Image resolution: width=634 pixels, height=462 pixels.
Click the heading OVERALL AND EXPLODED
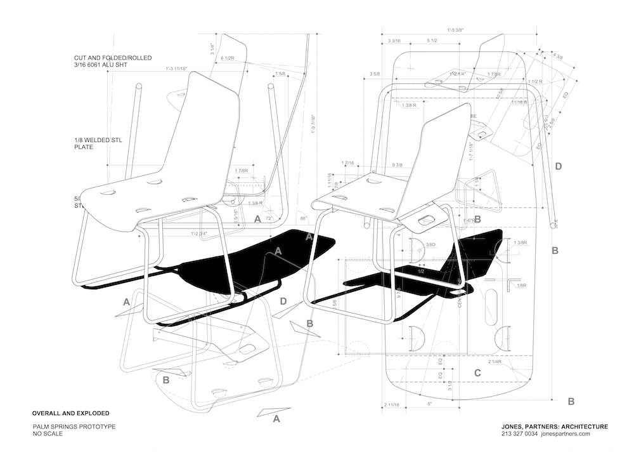pyautogui.click(x=70, y=412)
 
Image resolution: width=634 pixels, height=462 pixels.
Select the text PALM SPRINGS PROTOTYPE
pyautogui.click(x=74, y=427)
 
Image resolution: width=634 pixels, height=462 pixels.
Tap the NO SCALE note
pyautogui.click(x=50, y=434)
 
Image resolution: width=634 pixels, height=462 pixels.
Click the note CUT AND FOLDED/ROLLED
pyautogui.click(x=112, y=58)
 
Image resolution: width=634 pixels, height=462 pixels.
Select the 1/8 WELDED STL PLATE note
pyautogui.click(x=92, y=143)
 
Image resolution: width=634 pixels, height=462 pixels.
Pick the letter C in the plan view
pyautogui.click(x=477, y=373)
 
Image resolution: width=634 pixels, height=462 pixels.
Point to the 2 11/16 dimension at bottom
pyautogui.click(x=395, y=404)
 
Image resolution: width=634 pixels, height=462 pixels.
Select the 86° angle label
pyautogui.click(x=304, y=218)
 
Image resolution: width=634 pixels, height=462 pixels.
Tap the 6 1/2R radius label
pyautogui.click(x=228, y=58)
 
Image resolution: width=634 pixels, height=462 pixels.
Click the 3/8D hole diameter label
pyautogui.click(x=430, y=244)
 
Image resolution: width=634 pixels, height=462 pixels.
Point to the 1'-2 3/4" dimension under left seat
pyautogui.click(x=200, y=234)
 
